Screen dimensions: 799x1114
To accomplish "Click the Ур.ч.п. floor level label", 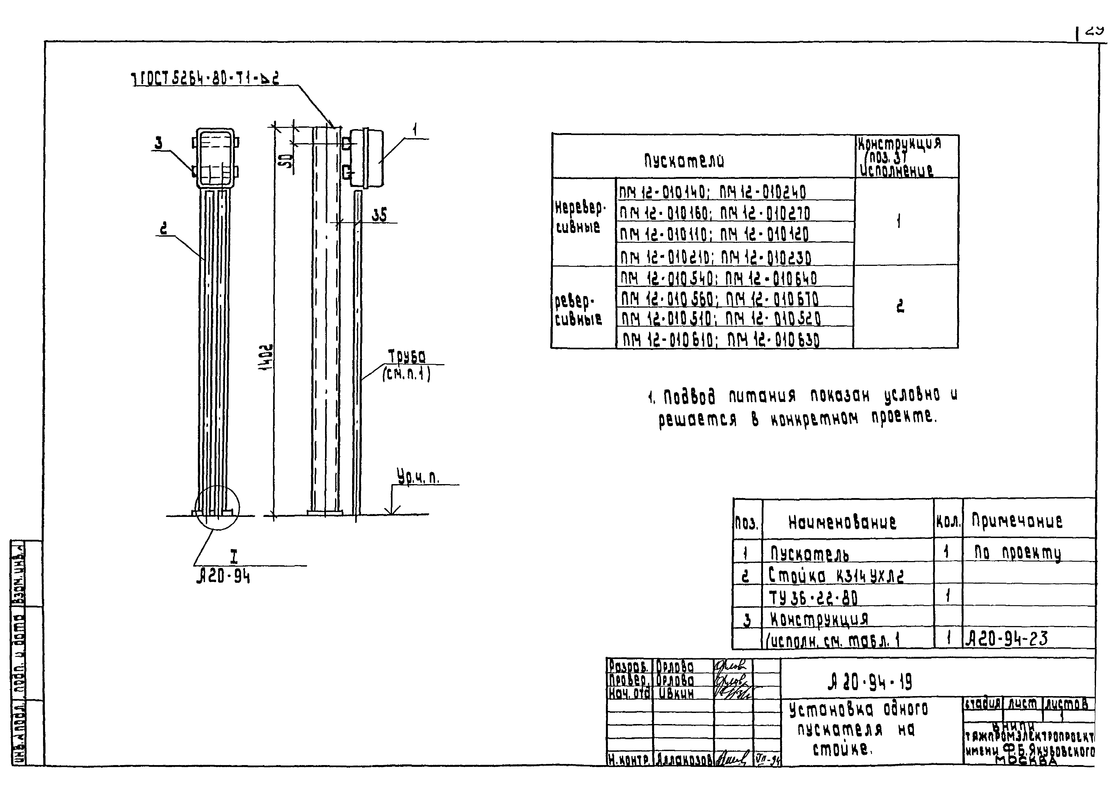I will coord(418,476).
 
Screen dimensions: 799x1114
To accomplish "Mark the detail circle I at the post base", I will coord(217,508).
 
